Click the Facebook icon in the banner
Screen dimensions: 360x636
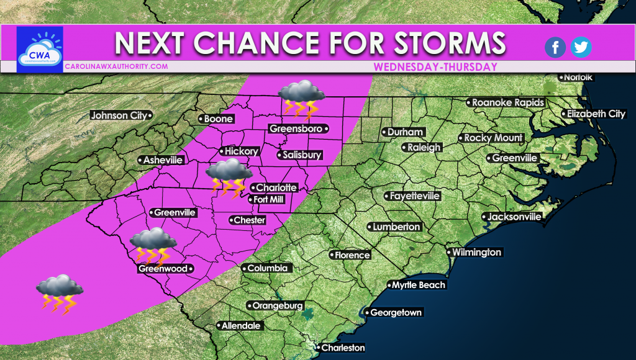pos(555,47)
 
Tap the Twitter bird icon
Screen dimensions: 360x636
pos(581,47)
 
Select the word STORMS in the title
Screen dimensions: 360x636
pos(445,43)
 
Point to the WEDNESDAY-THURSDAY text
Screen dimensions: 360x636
pos(436,66)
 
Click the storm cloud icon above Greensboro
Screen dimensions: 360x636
pos(301,99)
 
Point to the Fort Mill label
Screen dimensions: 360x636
pos(271,199)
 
